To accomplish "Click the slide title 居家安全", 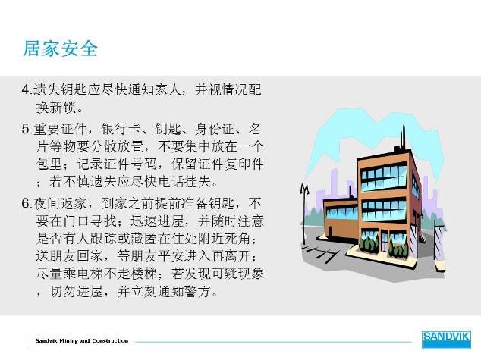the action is click(x=61, y=49).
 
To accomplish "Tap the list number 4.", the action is click(x=26, y=89).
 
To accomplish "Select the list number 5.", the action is click(x=26, y=129).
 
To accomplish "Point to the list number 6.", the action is click(x=26, y=204).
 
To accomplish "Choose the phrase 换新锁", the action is click(x=56, y=108).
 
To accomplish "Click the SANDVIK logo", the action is click(x=446, y=340).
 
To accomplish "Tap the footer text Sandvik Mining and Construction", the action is click(x=82, y=341).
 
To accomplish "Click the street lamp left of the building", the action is click(x=304, y=214).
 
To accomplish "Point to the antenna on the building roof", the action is click(x=404, y=137).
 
